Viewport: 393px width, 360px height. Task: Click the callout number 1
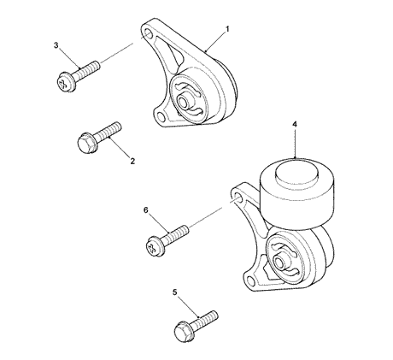227,29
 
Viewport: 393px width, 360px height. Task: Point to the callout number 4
295,125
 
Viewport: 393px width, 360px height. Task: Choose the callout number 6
147,210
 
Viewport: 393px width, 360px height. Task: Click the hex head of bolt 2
86,140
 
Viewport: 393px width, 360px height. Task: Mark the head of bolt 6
155,247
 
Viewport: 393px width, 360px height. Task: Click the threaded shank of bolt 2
109,130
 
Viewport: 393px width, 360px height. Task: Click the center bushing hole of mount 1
185,99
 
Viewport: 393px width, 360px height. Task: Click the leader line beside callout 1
214,41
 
